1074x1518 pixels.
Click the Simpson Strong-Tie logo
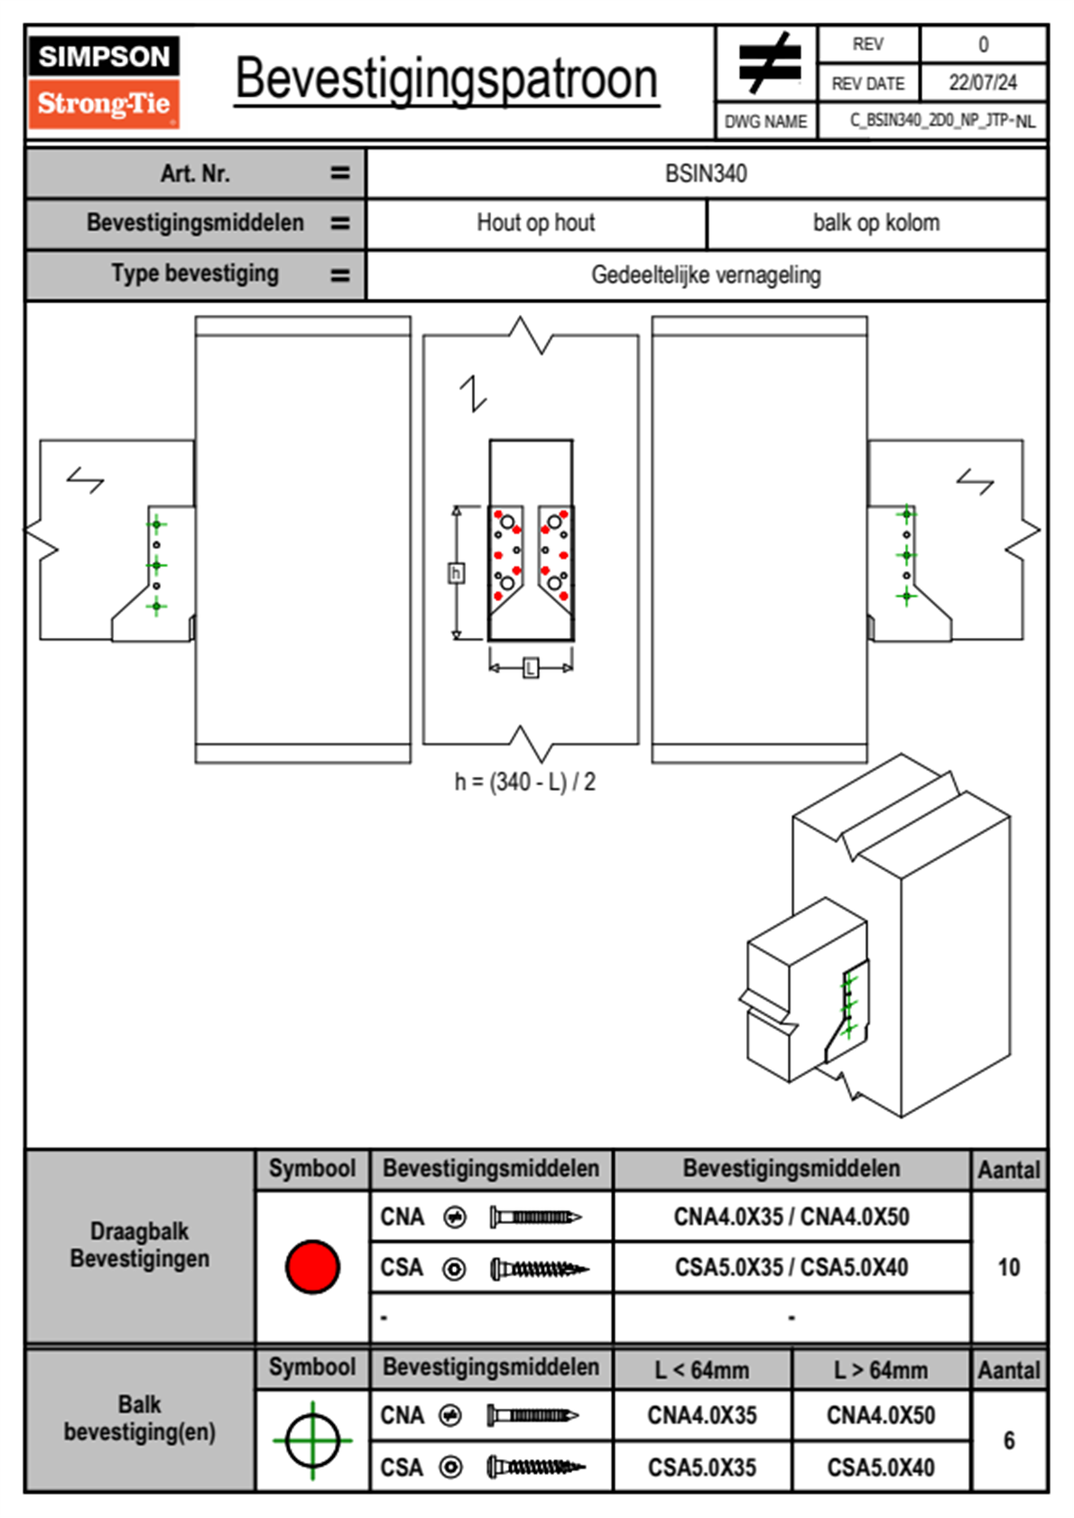pyautogui.click(x=104, y=81)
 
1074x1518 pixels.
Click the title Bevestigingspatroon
pyautogui.click(x=446, y=79)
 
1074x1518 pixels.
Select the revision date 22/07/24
pyautogui.click(x=982, y=83)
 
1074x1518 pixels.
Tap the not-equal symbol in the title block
pyautogui.click(x=769, y=63)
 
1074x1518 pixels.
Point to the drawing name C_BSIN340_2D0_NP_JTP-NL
pyautogui.click(x=942, y=121)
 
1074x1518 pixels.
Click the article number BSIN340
pyautogui.click(x=706, y=173)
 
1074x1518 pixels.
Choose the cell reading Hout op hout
pyautogui.click(x=536, y=223)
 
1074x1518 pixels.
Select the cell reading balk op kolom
pyautogui.click(x=876, y=223)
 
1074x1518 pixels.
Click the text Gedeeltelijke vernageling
pyautogui.click(x=706, y=274)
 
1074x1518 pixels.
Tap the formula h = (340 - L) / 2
pyautogui.click(x=524, y=782)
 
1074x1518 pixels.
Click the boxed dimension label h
pyautogui.click(x=457, y=573)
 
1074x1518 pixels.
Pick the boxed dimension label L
pyautogui.click(x=531, y=668)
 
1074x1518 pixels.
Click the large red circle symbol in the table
pyautogui.click(x=312, y=1266)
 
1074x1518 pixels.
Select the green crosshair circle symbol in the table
pyautogui.click(x=312, y=1440)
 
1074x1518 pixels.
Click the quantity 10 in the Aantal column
pyautogui.click(x=1008, y=1267)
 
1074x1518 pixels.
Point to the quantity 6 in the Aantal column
pyautogui.click(x=1008, y=1440)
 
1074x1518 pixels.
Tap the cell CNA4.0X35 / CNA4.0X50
pyautogui.click(x=792, y=1217)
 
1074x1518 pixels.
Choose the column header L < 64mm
pyautogui.click(x=702, y=1370)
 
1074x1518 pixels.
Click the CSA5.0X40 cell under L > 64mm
pyautogui.click(x=881, y=1467)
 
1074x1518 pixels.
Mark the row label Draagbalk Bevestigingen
pyautogui.click(x=140, y=1245)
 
